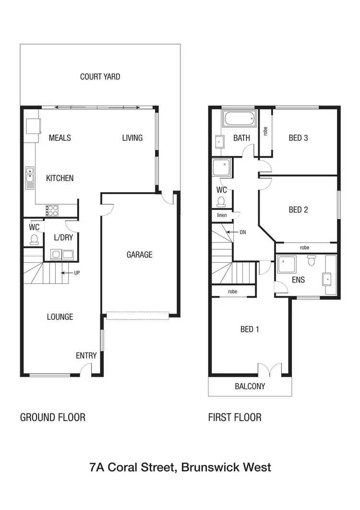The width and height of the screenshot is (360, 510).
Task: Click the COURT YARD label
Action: (100, 76)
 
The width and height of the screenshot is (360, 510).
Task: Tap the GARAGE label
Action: (139, 255)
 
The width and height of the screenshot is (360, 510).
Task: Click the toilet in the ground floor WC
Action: (34, 239)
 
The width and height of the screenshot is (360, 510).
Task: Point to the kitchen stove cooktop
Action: (52, 210)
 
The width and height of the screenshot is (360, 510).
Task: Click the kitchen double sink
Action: (30, 176)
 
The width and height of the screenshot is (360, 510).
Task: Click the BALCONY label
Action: (250, 386)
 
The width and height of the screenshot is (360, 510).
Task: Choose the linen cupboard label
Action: (222, 216)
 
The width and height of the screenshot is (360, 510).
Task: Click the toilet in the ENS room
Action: (312, 260)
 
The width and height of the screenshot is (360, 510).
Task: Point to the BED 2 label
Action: (298, 209)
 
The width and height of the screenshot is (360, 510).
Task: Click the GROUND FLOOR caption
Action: (52, 417)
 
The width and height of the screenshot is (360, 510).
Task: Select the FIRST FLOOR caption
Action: (235, 417)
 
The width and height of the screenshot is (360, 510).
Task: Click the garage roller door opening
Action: (137, 316)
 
